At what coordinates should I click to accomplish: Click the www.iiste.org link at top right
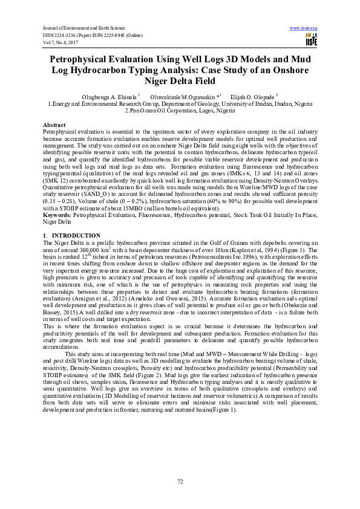pos(304,28)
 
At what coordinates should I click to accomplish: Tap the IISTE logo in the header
pos(311,40)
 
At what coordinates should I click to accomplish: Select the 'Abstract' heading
pos(54,124)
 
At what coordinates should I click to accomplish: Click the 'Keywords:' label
pos(59,215)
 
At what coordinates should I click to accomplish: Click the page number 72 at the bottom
pos(180,481)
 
